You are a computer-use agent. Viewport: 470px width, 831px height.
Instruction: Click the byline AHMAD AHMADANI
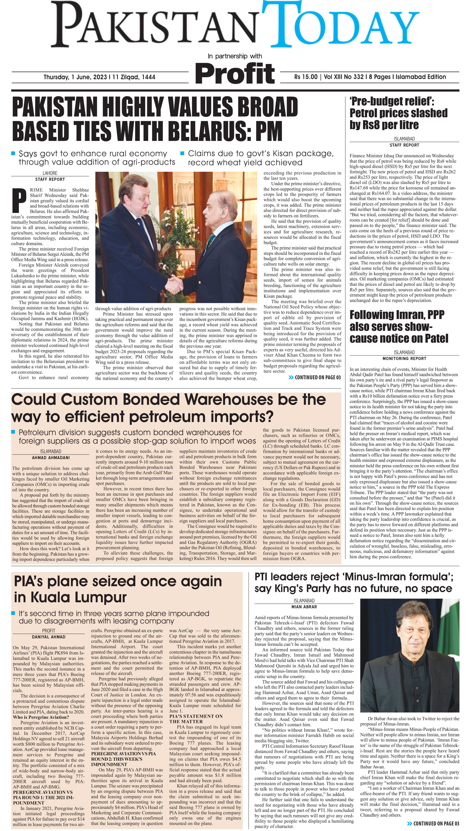(x=51, y=457)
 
